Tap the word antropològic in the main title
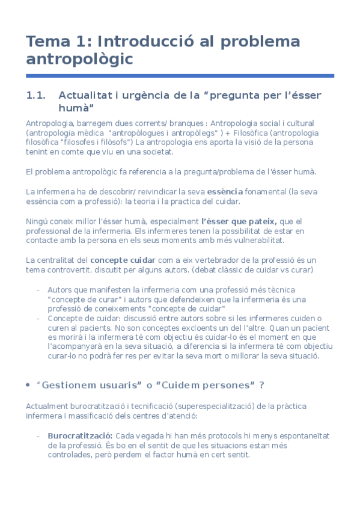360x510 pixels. [79, 59]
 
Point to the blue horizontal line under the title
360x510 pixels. [180, 76]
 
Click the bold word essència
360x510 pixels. [225, 192]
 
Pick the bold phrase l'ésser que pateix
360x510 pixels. [239, 221]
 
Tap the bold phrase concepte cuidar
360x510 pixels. [125, 260]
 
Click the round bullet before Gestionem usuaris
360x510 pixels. [29, 385]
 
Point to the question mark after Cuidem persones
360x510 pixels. [261, 385]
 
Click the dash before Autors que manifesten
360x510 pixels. [38, 289]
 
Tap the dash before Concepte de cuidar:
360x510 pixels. [38, 318]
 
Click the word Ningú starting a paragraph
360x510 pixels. [38, 221]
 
